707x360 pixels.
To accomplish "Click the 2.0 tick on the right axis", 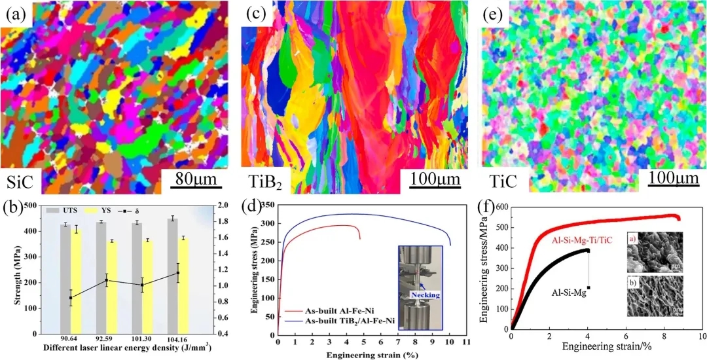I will tap(223, 205).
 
